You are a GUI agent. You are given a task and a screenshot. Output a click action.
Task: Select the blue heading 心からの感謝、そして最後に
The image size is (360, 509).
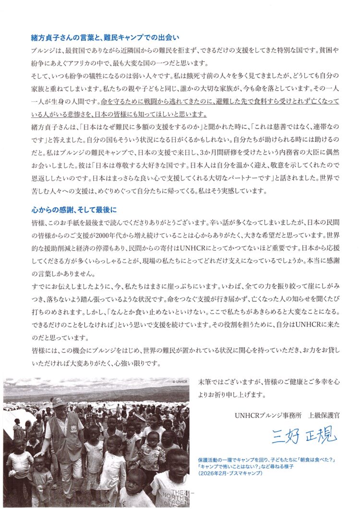tap(73, 210)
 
